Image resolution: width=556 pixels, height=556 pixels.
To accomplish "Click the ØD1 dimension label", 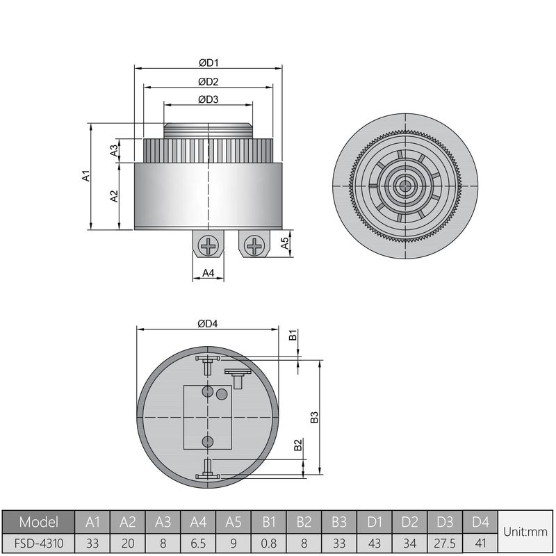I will coord(208,63).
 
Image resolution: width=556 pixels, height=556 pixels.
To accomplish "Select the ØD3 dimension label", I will coord(208,99).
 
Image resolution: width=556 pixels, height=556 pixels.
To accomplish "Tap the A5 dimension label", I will coord(284,243).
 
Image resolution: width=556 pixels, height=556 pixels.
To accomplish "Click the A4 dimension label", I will coord(208,273).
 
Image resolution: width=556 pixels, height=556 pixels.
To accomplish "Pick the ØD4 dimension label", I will coord(208,324).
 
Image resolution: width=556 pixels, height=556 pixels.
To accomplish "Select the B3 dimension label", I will coord(314,417).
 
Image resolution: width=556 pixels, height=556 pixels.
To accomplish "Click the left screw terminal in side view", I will coord(208,245).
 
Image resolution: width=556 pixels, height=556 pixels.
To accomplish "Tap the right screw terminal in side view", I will coord(255,245).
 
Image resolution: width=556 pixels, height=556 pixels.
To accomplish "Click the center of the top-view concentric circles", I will coord(404,186).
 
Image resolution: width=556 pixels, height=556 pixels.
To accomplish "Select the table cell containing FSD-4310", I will coord(38,542).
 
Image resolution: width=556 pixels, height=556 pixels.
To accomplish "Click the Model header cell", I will coord(38,521).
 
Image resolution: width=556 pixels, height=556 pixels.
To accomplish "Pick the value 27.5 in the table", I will coord(445,542).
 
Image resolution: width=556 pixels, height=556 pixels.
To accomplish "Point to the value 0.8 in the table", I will coord(268,542).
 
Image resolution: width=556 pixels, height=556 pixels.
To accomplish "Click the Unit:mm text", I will coord(526,532).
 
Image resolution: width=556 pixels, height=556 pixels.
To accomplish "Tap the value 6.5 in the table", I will coord(197,542).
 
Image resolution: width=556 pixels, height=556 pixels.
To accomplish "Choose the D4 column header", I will coord(480,521).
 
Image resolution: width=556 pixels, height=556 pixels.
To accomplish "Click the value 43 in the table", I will coord(374,542).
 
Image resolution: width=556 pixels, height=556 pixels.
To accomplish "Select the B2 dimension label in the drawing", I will coord(297,445).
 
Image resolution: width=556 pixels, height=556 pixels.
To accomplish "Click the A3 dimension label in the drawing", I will coord(114,151).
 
